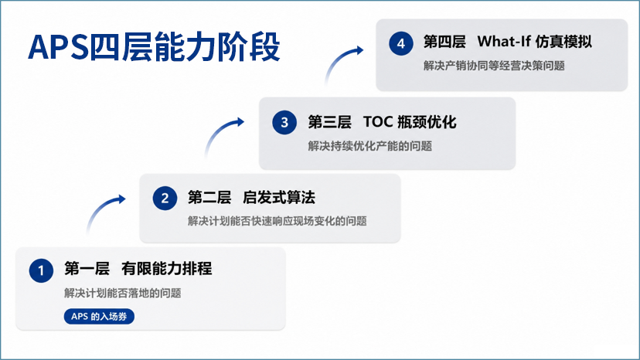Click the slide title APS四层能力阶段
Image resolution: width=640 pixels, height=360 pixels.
154,47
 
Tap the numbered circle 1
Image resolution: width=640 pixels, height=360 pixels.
41,270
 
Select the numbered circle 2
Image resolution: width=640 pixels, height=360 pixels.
165,199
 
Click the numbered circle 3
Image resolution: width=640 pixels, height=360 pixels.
284,123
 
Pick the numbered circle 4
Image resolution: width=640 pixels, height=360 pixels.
401,43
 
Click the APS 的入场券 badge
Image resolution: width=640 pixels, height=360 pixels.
99,316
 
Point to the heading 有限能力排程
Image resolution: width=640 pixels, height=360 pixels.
166,269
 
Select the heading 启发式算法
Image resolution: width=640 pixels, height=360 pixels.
279,198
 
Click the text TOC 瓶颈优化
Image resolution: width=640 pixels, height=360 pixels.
410,122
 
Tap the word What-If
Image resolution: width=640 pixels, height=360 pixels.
504,41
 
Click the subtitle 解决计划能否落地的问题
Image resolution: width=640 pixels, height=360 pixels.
122,293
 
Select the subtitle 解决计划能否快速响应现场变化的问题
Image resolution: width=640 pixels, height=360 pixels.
277,221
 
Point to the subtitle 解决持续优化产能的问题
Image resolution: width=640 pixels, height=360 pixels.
369,146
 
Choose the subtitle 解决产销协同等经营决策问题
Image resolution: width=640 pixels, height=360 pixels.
494,66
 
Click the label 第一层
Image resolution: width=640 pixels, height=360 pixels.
87,269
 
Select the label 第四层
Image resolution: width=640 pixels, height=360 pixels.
444,42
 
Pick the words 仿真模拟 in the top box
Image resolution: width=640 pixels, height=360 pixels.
563,42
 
